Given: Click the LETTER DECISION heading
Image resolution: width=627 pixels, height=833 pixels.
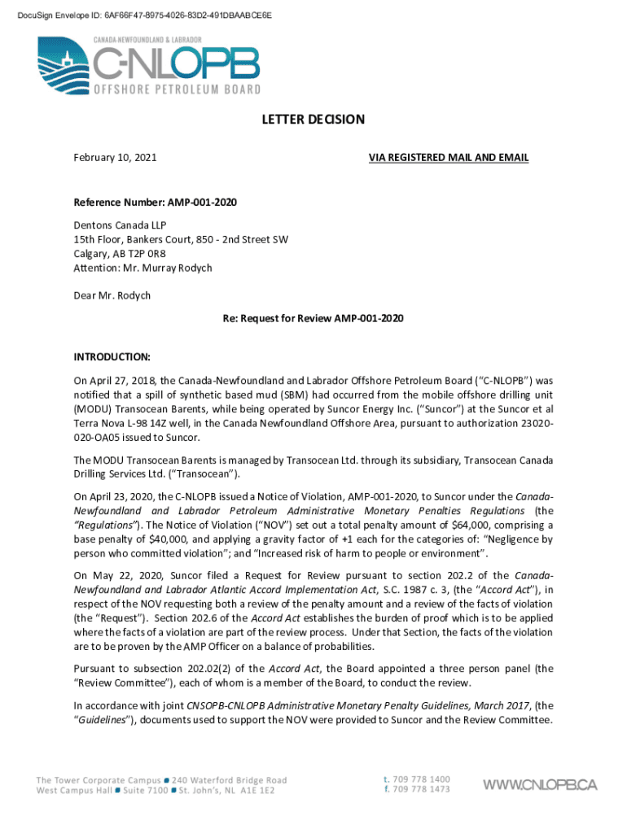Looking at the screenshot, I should coord(313,120).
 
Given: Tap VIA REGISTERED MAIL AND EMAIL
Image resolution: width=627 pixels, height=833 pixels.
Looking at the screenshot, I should coord(449,157).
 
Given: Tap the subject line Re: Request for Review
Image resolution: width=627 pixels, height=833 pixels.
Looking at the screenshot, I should coord(313,318).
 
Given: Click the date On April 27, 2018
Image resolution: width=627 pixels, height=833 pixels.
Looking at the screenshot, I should coord(111,380).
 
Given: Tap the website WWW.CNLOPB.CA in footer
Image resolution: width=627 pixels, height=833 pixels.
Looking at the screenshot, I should coord(541,785).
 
